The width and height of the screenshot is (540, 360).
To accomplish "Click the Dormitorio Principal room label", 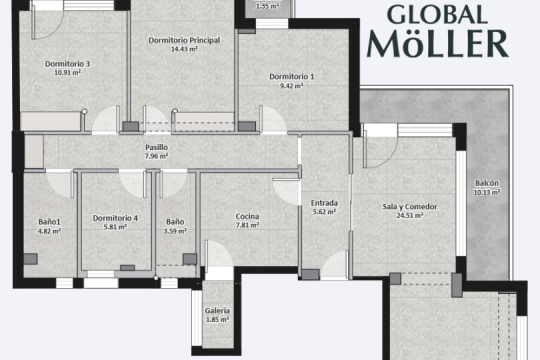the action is (184, 40).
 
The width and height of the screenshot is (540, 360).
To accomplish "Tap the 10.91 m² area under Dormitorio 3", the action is (68, 73).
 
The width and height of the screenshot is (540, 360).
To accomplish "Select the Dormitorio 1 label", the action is (292, 76).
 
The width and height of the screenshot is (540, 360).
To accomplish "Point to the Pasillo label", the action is (157, 147).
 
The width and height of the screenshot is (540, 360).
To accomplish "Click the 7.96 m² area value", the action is (156, 156).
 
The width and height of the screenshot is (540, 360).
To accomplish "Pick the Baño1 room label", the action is (49, 222).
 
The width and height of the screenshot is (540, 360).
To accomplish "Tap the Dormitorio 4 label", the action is (115, 218).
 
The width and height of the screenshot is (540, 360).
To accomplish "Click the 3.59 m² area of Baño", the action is (175, 231).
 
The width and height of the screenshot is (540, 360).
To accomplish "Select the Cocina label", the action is (247, 216).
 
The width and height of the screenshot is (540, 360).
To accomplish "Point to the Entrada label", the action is (324, 203).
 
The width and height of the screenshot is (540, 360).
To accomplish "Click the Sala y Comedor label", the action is (410, 207).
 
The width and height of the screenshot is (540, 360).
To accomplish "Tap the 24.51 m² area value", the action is (410, 216).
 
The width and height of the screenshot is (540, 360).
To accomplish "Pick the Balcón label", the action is (487, 183).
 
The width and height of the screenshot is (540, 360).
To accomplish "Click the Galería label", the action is (217, 311).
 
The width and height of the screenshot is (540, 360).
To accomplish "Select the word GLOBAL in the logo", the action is (437, 15).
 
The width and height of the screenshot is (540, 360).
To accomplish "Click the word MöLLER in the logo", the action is (438, 43).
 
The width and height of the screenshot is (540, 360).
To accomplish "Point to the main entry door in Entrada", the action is (335, 265).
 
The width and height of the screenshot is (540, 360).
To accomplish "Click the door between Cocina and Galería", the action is (219, 254).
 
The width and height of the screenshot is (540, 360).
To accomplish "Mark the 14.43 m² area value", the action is (184, 49).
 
